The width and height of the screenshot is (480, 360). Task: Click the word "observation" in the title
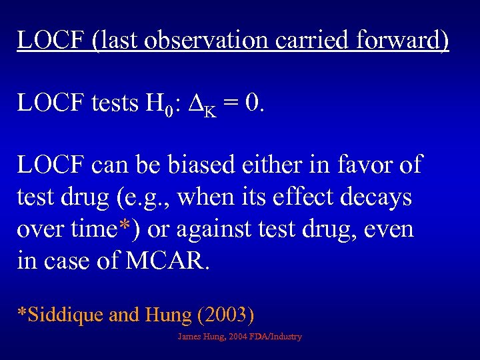tap(208, 40)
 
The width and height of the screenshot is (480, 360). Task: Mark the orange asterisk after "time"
tap(125, 228)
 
